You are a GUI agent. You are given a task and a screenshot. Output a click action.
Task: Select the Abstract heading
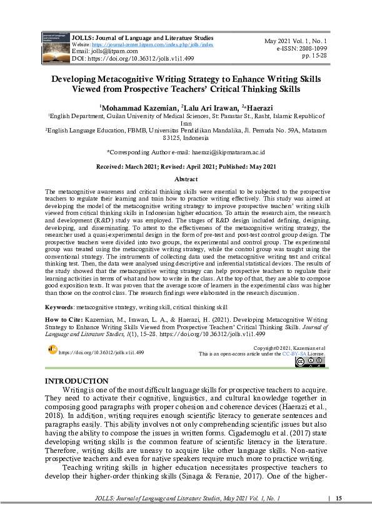(186, 179)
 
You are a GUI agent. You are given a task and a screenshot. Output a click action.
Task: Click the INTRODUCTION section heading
(77, 381)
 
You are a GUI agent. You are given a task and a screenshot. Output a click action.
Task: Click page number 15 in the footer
(339, 498)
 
